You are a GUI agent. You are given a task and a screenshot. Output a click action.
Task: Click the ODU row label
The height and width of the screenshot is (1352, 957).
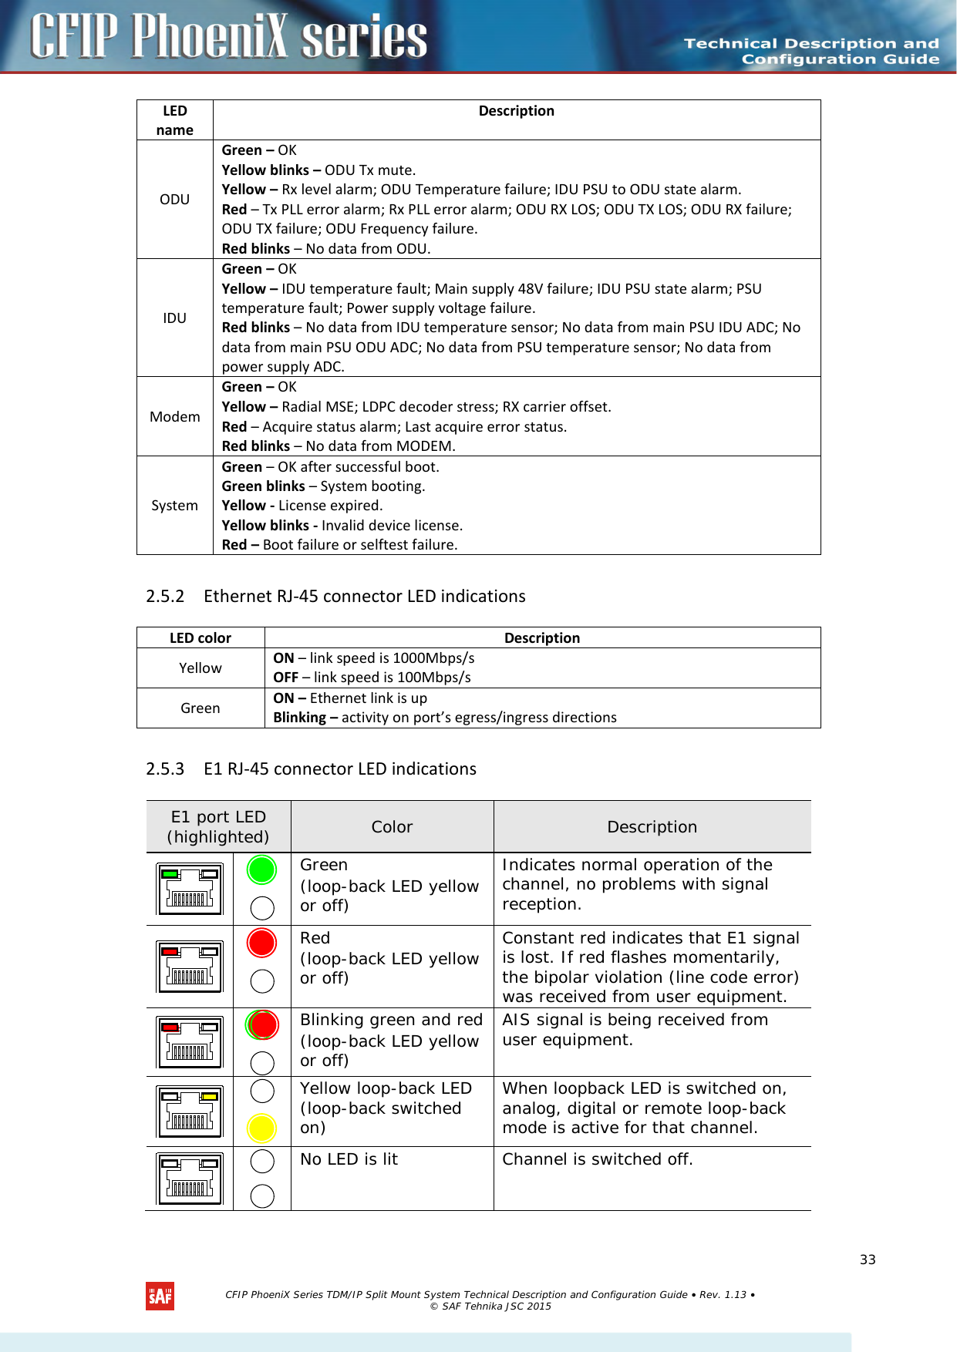tap(174, 200)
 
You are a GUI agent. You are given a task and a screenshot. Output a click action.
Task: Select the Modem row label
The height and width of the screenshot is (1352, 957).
tap(174, 417)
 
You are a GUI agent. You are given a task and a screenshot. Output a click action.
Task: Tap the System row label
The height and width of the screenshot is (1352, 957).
tap(174, 506)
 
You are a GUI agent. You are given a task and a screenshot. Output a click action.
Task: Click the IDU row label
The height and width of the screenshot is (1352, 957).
tap(174, 318)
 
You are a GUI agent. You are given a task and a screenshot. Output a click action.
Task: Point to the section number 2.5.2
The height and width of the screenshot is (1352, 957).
tap(165, 597)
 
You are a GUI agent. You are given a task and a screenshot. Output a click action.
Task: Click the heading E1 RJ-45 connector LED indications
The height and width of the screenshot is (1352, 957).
tap(339, 769)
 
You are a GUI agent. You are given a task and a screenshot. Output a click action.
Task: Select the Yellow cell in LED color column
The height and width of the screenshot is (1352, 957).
tap(200, 668)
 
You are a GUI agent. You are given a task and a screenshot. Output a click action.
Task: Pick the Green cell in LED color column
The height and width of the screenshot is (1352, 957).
tap(200, 708)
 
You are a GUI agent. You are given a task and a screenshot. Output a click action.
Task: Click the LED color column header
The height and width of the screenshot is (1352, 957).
tap(200, 638)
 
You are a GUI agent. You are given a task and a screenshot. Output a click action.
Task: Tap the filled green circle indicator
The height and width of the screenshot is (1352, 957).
tap(262, 870)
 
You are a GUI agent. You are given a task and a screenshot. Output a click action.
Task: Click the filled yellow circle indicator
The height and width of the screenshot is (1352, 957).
tap(262, 1128)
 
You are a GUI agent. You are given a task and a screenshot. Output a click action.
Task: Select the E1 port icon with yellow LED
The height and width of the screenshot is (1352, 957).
tap(190, 1112)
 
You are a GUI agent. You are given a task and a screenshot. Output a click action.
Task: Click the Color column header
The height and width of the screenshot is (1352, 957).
tap(392, 827)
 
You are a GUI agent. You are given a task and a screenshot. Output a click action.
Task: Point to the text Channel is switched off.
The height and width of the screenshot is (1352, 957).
tap(598, 1159)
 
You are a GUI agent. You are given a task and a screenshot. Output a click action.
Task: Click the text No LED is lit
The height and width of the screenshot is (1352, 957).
tap(349, 1159)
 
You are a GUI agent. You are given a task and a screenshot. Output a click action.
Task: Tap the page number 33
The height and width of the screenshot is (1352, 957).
tap(868, 1260)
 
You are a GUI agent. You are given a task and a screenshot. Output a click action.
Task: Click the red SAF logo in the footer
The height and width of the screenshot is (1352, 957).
tap(160, 1297)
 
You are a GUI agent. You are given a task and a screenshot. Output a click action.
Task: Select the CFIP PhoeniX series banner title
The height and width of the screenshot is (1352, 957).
tap(229, 36)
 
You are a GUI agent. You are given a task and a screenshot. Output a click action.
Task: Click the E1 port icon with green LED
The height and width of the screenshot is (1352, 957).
tap(190, 889)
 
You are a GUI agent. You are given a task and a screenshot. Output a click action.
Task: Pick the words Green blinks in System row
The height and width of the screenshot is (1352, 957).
tap(263, 486)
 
